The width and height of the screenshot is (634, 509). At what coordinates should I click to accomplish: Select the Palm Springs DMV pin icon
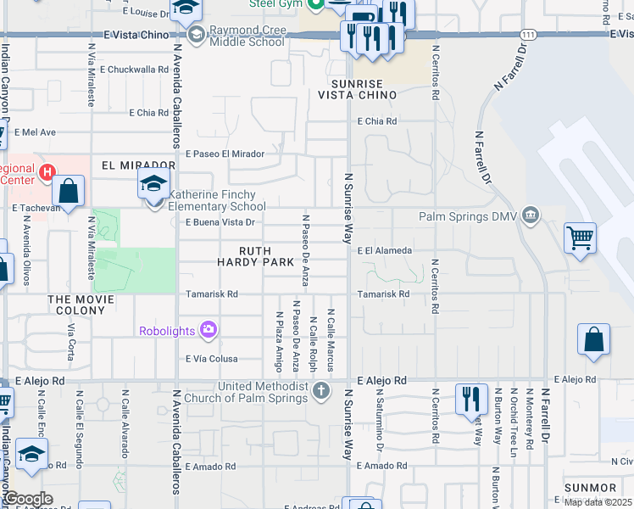point(531,215)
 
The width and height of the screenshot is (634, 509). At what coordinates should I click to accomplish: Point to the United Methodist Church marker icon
point(320,392)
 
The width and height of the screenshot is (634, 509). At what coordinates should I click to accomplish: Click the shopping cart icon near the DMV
point(580,238)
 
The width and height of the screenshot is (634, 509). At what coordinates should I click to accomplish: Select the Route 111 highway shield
point(528,35)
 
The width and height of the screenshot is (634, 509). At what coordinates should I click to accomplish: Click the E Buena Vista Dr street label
point(220,223)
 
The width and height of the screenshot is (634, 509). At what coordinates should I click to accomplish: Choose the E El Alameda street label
point(384,251)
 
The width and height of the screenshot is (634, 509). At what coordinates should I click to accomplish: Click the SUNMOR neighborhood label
point(589,488)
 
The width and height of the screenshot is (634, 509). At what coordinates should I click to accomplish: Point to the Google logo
point(27,499)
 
